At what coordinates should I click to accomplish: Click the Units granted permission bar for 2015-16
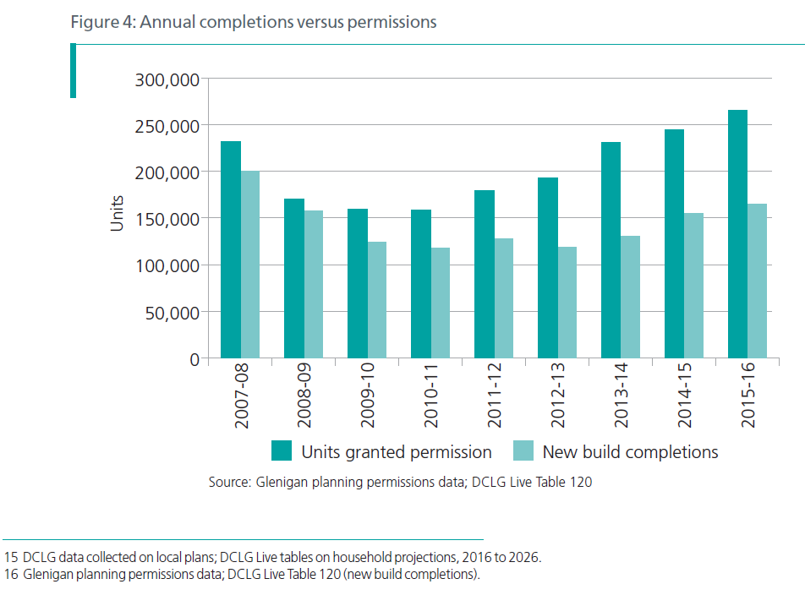click(737, 234)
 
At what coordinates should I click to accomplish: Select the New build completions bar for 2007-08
click(250, 265)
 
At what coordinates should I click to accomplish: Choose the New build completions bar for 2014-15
click(693, 286)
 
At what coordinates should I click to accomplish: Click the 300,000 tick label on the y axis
click(167, 80)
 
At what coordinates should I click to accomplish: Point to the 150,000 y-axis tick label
click(167, 219)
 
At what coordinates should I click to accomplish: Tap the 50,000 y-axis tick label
click(171, 313)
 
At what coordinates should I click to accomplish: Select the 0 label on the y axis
click(194, 359)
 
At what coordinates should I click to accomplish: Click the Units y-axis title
click(118, 214)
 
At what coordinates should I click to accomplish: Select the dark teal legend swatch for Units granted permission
click(282, 451)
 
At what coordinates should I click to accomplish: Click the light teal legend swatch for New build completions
click(523, 451)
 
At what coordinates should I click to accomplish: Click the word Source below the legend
click(227, 483)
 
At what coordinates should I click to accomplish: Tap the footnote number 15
click(11, 558)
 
